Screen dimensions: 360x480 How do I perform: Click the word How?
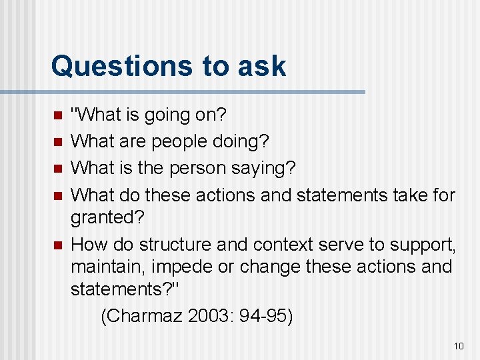point(89,245)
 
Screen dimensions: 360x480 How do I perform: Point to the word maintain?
point(108,267)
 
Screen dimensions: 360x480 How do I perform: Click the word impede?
point(182,267)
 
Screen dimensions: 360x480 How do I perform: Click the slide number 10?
point(458,345)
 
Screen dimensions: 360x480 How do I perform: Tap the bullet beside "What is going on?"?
point(57,116)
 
